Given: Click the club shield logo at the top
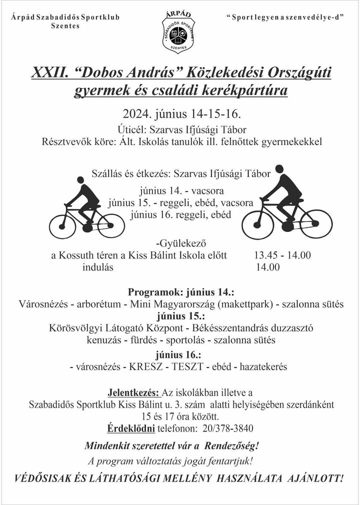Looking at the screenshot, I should click(180, 31).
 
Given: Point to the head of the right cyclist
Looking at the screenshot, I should click(280, 169).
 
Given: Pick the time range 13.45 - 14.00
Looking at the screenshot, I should click(282, 255).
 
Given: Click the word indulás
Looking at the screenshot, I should click(98, 267).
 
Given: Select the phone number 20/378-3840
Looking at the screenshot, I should click(228, 428).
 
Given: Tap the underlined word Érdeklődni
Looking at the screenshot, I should click(131, 428).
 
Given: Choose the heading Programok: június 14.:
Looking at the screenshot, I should click(181, 292).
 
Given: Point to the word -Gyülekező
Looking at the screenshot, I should click(180, 244).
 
